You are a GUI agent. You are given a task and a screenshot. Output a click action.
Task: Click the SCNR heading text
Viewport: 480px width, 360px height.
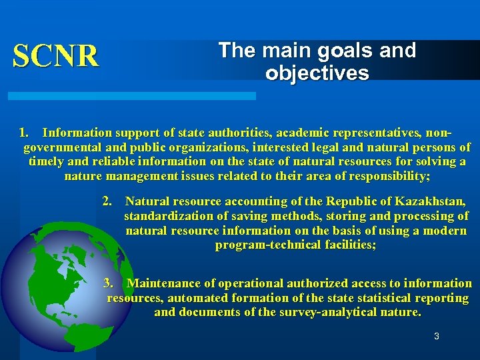(x=56, y=56)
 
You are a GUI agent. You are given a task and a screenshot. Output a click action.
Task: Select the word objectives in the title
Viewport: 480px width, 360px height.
(x=317, y=73)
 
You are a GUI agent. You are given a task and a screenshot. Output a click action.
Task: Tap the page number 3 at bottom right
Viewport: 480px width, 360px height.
(x=437, y=337)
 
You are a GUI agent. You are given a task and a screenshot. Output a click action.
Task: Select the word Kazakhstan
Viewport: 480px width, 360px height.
(x=433, y=201)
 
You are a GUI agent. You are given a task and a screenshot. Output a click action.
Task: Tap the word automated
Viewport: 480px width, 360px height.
(x=195, y=298)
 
